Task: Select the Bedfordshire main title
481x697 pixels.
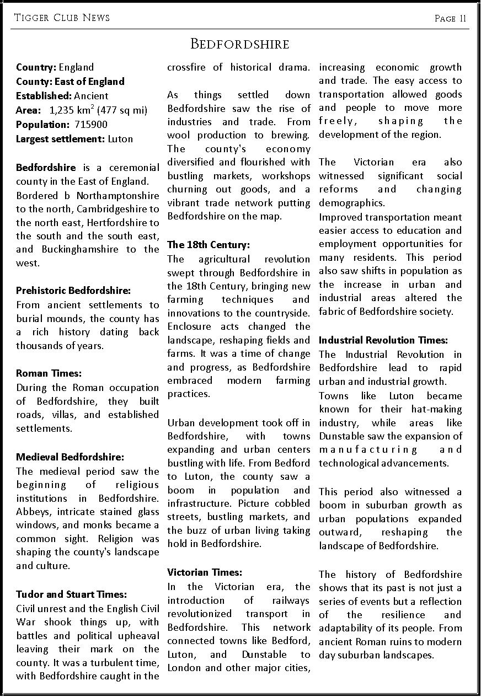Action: (x=239, y=44)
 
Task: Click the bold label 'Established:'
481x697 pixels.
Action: (x=40, y=96)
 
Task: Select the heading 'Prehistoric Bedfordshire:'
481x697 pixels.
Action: (x=73, y=290)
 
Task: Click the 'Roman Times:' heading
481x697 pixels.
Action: (x=49, y=373)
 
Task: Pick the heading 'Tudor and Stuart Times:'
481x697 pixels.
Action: (x=72, y=594)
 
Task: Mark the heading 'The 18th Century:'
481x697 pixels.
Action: (x=209, y=244)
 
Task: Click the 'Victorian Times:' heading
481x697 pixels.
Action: (x=205, y=572)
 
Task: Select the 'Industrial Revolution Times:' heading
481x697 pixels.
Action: (x=383, y=340)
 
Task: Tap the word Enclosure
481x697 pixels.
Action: (x=191, y=326)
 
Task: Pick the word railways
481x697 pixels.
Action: (x=292, y=600)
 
